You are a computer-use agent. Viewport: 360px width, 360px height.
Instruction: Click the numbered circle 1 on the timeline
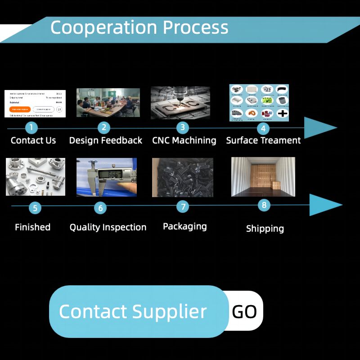coord(31,127)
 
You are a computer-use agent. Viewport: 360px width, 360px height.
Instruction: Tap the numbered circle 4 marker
coord(263,129)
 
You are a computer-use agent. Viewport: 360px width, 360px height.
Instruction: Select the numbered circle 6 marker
coord(100,207)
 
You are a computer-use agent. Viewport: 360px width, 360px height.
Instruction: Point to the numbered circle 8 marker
coord(264,206)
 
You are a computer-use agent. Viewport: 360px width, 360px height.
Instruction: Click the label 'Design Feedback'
coord(106,140)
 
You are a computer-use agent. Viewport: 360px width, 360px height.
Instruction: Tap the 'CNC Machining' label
coord(184,140)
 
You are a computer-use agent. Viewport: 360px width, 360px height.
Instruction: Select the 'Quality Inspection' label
coord(108,227)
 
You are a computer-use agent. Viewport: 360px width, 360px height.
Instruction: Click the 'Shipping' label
coord(265,229)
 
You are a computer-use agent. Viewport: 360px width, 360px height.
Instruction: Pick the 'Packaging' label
coord(184,226)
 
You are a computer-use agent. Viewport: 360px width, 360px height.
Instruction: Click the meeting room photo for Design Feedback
coord(108,103)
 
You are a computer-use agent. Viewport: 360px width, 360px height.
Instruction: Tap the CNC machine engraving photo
coord(180,103)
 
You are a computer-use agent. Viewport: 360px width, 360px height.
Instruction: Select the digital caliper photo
coord(107,177)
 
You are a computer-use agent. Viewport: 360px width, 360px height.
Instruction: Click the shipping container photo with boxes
coord(263,177)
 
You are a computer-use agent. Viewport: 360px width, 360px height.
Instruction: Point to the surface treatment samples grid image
coord(259,103)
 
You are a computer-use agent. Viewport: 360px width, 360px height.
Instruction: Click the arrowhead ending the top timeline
coord(320,128)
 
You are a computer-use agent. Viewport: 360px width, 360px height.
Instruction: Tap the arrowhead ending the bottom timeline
coord(325,205)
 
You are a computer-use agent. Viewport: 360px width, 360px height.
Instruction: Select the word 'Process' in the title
coord(195,27)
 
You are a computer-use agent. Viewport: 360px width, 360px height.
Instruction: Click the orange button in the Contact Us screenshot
coord(20,109)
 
